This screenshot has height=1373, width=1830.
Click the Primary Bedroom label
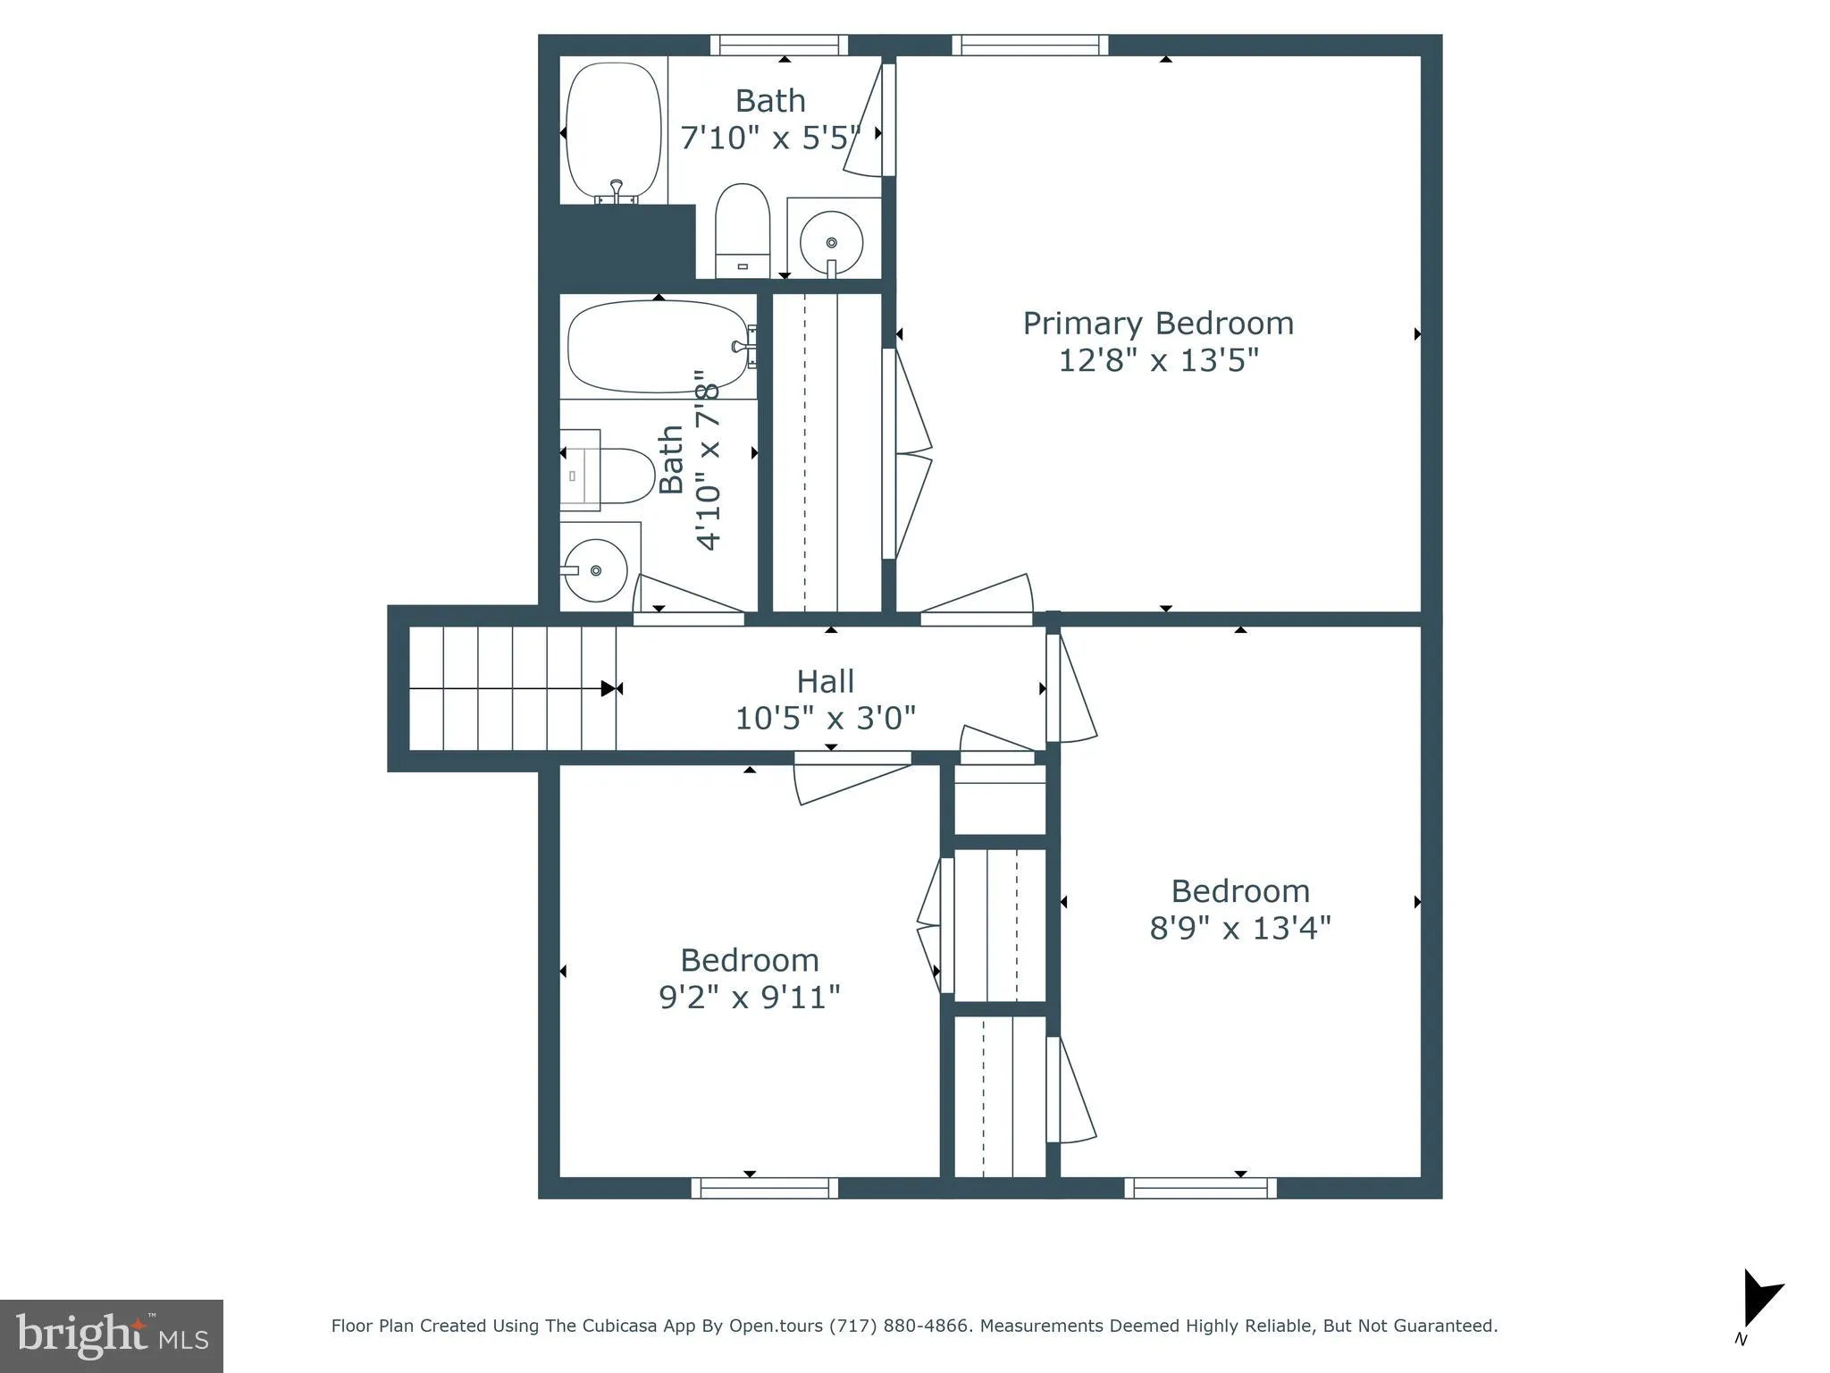(x=1158, y=324)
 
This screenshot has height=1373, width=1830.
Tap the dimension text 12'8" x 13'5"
(x=1158, y=361)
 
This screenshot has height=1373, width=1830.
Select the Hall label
(x=825, y=682)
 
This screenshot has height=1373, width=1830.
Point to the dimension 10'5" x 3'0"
(x=825, y=719)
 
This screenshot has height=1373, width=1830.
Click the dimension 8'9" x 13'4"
(x=1239, y=929)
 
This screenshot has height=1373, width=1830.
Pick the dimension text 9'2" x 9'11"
(x=749, y=998)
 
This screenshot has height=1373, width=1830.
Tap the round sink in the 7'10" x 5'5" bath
(x=831, y=242)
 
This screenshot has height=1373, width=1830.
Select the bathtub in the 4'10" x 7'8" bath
(x=659, y=347)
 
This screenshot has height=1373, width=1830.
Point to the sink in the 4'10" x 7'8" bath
(x=595, y=570)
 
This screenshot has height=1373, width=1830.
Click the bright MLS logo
(x=112, y=1335)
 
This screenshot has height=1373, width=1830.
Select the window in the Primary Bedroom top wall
(x=1029, y=46)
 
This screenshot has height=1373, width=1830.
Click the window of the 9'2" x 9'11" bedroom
(x=764, y=1188)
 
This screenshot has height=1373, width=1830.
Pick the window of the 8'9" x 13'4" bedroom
(x=1200, y=1188)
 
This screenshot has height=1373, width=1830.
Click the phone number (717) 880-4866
(x=899, y=1326)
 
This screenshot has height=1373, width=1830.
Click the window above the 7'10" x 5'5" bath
(x=779, y=46)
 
